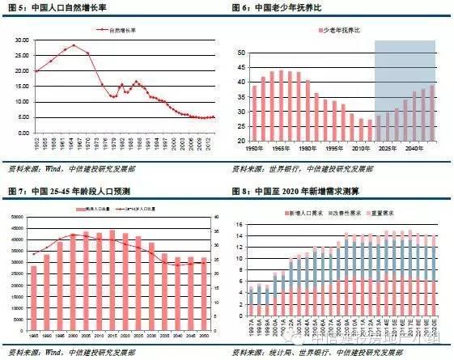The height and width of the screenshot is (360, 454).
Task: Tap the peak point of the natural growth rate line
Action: coord(74,45)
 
